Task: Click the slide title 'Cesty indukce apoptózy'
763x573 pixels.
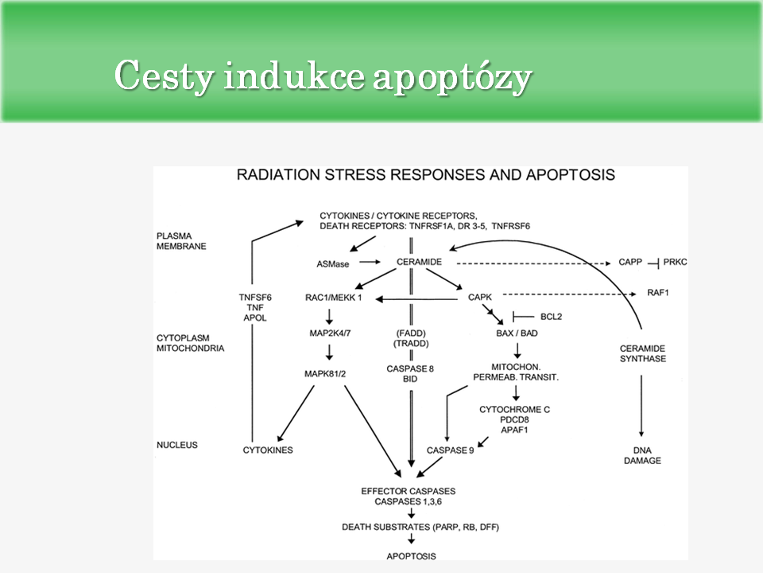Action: click(323, 76)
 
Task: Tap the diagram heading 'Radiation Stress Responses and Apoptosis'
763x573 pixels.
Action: click(425, 175)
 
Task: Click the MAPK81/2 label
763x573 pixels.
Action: click(328, 372)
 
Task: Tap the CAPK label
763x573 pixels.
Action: click(480, 297)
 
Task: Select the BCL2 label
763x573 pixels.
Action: click(552, 316)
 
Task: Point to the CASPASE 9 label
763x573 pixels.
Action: click(451, 450)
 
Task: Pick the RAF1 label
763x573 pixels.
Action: click(659, 293)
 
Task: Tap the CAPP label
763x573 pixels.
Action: click(629, 262)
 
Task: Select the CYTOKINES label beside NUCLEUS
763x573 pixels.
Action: click(268, 450)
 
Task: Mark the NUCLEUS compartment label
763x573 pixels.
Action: click(177, 445)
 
